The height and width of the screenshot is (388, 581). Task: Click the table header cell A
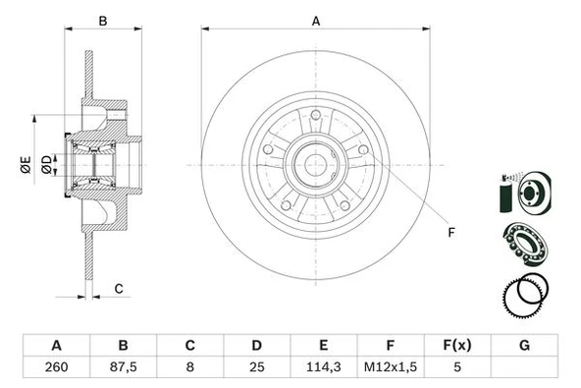pyautogui.click(x=56, y=345)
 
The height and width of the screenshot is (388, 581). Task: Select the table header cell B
pyautogui.click(x=124, y=345)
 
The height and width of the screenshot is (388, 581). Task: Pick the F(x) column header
pyautogui.click(x=458, y=345)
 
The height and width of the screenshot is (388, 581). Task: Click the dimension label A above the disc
pyautogui.click(x=316, y=20)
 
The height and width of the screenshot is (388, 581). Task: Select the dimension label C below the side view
pyautogui.click(x=119, y=288)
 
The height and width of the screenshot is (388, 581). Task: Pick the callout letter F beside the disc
pyautogui.click(x=451, y=233)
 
